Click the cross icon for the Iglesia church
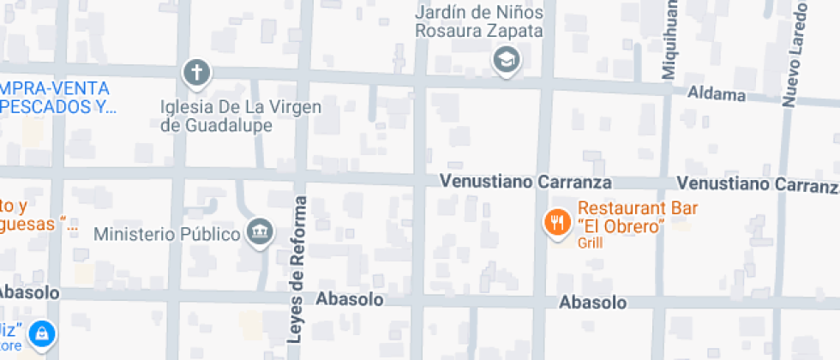point(197,73)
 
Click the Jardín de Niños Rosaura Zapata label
point(479,22)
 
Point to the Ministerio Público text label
point(166,234)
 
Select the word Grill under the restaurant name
point(591,243)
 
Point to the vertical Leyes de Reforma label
point(297,270)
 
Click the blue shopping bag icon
point(40,333)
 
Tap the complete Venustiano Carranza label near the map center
point(525,183)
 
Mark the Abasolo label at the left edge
point(29,292)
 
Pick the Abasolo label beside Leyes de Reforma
point(349,299)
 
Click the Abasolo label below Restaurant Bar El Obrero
point(592,303)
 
